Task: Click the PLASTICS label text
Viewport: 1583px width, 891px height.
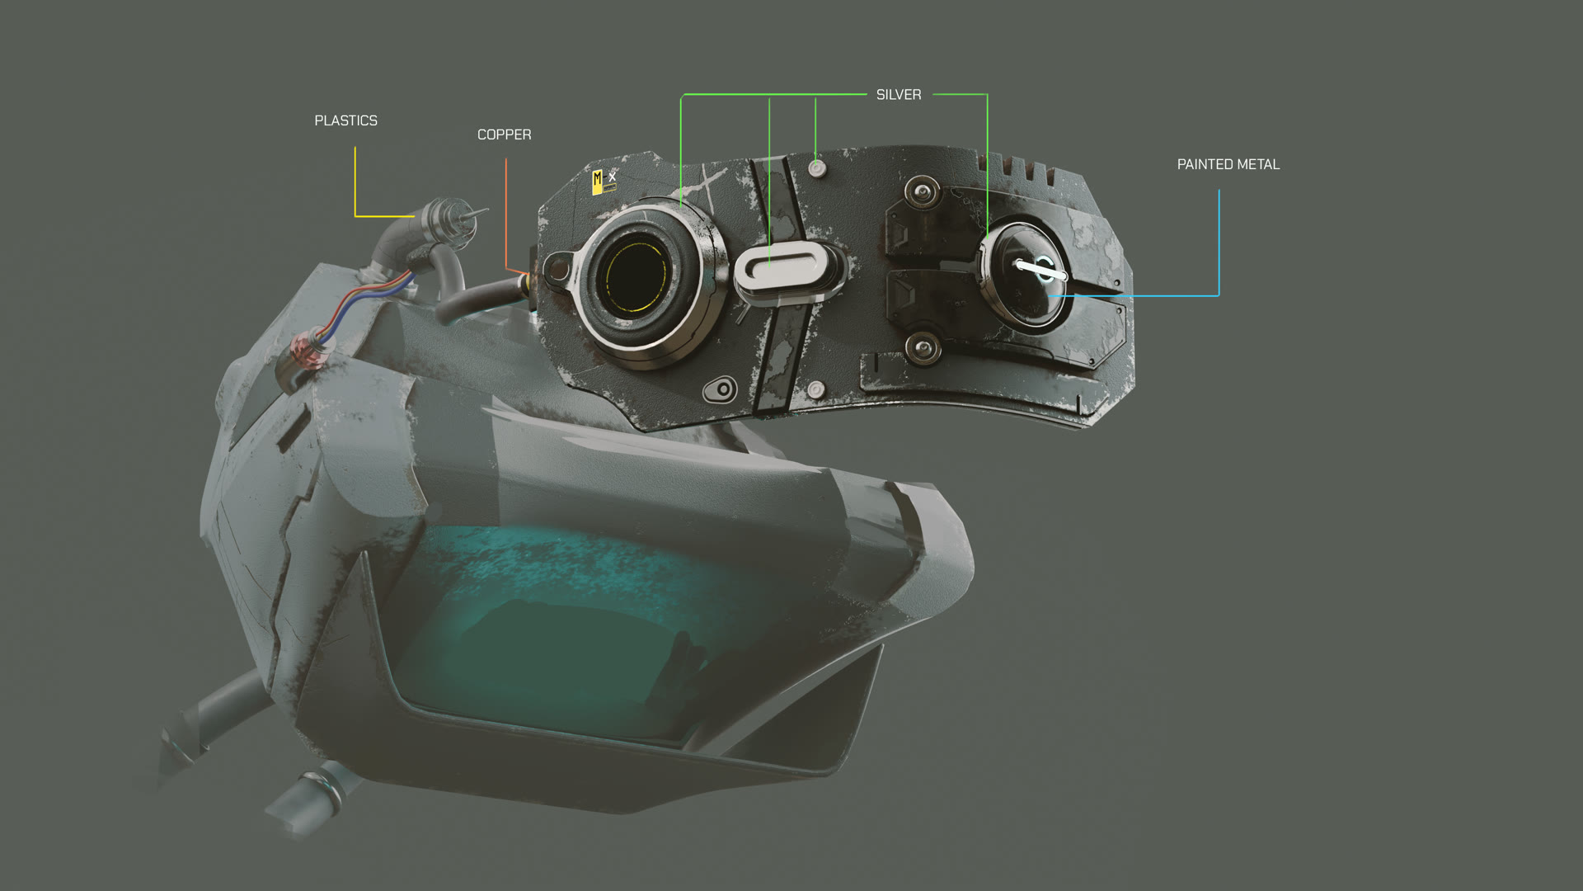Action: (x=345, y=120)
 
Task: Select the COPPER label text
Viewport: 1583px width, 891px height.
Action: (x=504, y=134)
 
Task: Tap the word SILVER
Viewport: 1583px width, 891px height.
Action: (x=899, y=95)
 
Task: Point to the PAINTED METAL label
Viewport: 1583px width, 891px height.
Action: (x=1228, y=164)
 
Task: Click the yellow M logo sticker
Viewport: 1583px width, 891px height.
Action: (x=598, y=181)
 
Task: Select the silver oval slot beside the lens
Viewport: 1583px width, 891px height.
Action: (x=780, y=266)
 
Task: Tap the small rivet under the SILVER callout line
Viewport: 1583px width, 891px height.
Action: (x=816, y=168)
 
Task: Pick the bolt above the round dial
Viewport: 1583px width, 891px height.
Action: (x=922, y=192)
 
